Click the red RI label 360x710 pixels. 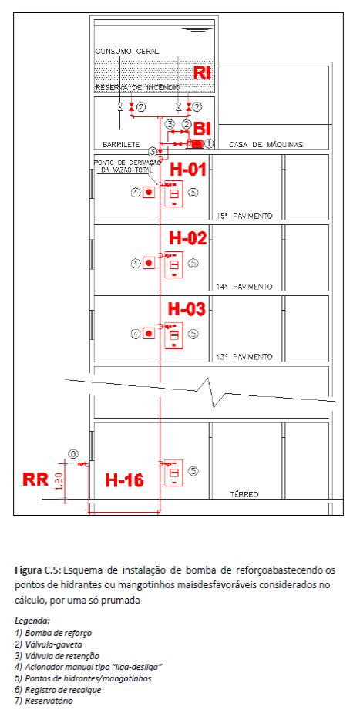[203, 72]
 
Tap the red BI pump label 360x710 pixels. [203, 129]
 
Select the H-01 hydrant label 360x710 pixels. [188, 170]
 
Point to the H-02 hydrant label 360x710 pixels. [188, 237]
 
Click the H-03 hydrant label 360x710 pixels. [187, 309]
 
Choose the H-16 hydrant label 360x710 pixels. [125, 480]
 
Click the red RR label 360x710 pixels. [35, 479]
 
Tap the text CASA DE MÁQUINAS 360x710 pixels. [266, 145]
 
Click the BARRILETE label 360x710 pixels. [121, 145]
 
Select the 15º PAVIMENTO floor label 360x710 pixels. [244, 216]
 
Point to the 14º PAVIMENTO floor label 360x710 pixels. [244, 287]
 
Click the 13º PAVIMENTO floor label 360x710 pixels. [244, 357]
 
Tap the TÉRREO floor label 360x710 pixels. [244, 494]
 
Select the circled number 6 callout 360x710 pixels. [73, 454]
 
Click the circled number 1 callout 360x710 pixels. [208, 143]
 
